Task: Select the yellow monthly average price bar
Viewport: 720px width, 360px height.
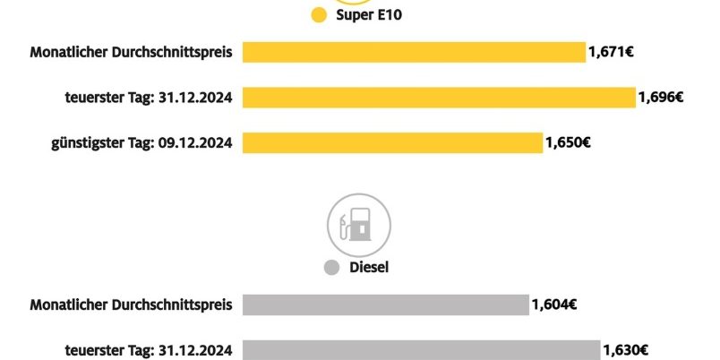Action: [413, 53]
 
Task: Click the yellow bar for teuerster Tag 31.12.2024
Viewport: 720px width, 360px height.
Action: [438, 97]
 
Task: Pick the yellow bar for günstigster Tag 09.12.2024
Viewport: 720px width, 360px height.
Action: [392, 142]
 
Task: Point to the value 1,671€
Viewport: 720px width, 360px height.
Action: [612, 53]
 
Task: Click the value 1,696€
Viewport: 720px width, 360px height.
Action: [661, 97]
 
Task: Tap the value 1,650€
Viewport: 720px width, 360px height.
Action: [567, 142]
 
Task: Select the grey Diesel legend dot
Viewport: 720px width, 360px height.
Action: [332, 268]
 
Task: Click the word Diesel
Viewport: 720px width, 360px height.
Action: [369, 268]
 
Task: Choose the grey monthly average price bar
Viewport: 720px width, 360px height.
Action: [385, 305]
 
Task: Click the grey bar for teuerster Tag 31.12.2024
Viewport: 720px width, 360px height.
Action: [420, 349]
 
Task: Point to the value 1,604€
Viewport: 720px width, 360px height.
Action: [553, 305]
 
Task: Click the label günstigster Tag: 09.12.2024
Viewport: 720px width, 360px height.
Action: [143, 142]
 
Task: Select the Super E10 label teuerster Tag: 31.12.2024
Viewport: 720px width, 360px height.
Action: [150, 97]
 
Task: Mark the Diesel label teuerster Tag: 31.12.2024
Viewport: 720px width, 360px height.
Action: [150, 349]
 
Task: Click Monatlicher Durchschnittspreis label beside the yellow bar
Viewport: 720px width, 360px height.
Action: [132, 53]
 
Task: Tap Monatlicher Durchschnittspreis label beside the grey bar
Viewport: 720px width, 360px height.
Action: [132, 305]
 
